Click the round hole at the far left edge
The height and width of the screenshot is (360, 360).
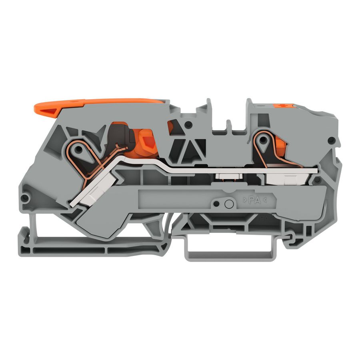click(x=26, y=198)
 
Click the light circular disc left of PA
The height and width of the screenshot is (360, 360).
click(x=229, y=204)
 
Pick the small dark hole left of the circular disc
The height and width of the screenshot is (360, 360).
click(x=216, y=204)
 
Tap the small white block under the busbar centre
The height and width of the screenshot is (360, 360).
click(x=226, y=176)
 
